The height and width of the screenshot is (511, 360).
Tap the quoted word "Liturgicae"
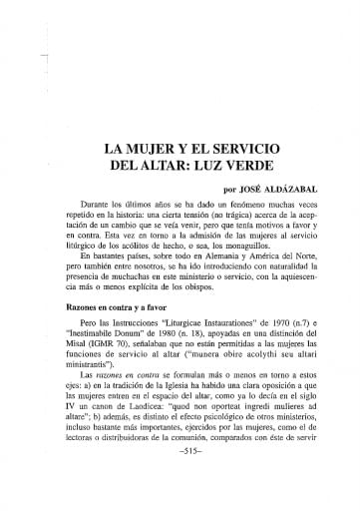[x=192, y=326]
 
